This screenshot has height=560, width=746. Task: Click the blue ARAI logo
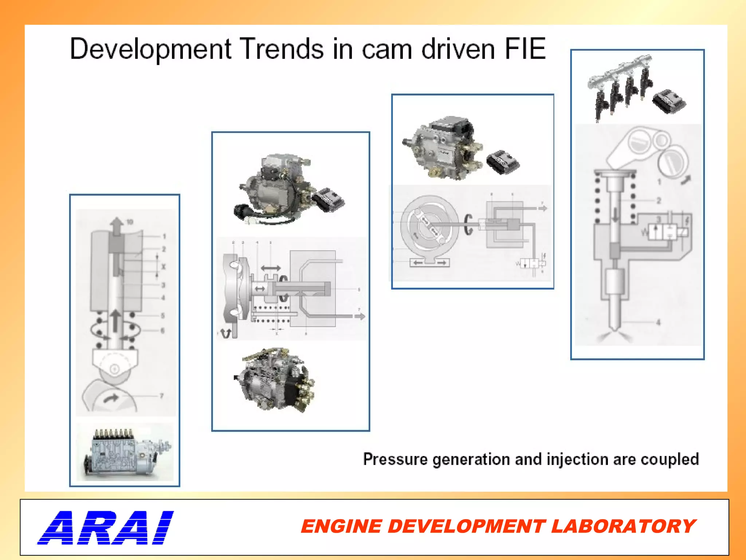coord(106,528)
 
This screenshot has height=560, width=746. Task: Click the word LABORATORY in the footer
coord(623,526)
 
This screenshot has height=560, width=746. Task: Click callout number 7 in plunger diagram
coord(162,396)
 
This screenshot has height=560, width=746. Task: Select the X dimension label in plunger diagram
coord(163,267)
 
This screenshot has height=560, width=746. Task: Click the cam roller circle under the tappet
coord(114,369)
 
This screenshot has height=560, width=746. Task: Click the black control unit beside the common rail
coord(669,102)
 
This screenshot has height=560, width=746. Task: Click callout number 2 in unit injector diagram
coord(659,201)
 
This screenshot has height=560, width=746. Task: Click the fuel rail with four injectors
coord(619,86)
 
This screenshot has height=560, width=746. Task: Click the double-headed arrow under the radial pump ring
coord(430,262)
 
